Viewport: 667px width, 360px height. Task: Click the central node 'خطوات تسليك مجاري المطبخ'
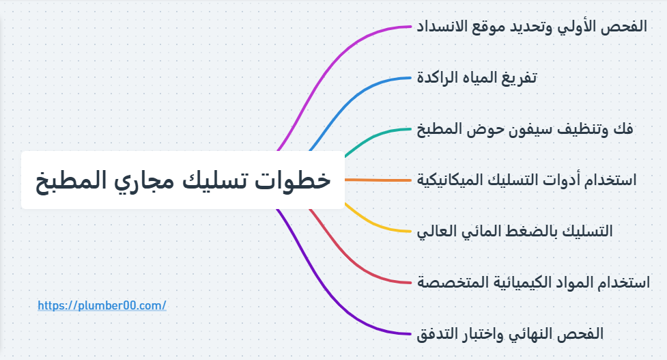tap(182, 180)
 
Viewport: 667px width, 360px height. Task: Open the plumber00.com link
tap(102, 306)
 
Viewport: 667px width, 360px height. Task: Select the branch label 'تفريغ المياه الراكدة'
tap(477, 77)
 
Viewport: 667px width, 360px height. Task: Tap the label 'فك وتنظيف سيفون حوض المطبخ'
tap(525, 128)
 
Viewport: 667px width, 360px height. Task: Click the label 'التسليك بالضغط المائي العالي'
tap(515, 231)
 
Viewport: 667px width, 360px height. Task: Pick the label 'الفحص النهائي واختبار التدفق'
tap(510, 333)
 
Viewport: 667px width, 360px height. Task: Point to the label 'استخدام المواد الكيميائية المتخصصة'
tap(533, 282)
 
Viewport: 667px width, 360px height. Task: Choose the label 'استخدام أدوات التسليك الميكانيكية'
tap(526, 180)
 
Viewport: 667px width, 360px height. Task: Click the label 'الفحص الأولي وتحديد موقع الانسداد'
tap(532, 27)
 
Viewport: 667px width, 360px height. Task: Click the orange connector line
tap(379, 180)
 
